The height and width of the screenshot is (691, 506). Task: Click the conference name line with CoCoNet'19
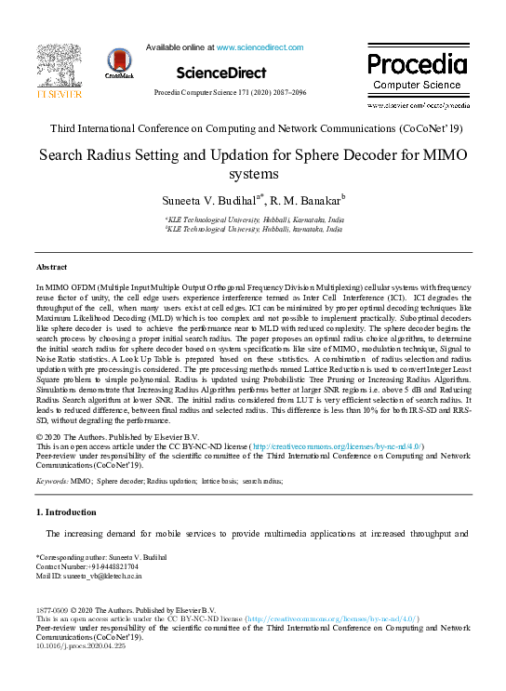point(252,130)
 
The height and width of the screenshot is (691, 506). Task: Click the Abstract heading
point(50,267)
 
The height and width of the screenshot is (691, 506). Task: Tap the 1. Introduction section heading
point(66,512)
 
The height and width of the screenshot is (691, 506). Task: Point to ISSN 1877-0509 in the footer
point(55,610)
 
